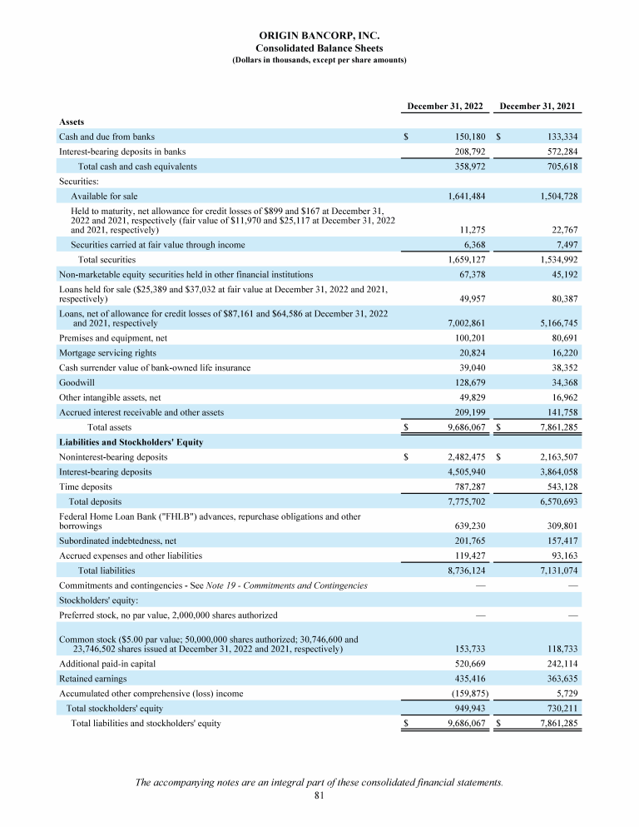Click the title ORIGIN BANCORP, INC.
pos(319,36)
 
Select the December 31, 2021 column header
pos(537,107)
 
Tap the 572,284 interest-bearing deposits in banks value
pos(558,152)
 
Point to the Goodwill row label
pos(77,383)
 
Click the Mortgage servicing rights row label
pos(104,353)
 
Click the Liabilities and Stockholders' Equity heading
pos(131,442)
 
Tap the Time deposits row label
pos(85,486)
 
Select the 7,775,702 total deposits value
pos(461,502)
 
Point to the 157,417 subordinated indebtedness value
pos(558,541)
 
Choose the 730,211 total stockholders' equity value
pos(558,709)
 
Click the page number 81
pos(319,796)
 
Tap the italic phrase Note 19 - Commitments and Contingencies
pos(298,585)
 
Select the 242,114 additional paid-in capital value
pos(558,664)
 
